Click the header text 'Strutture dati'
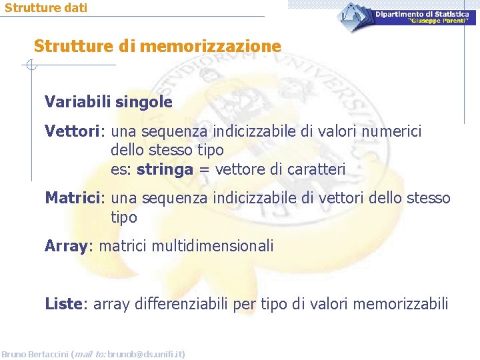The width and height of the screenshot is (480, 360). coord(45,8)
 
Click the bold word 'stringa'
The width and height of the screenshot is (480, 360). coord(164,169)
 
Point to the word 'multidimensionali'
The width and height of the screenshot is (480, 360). coord(213,246)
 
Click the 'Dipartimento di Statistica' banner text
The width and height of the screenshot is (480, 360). coord(421,14)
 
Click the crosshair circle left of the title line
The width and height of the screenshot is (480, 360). coord(31,65)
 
